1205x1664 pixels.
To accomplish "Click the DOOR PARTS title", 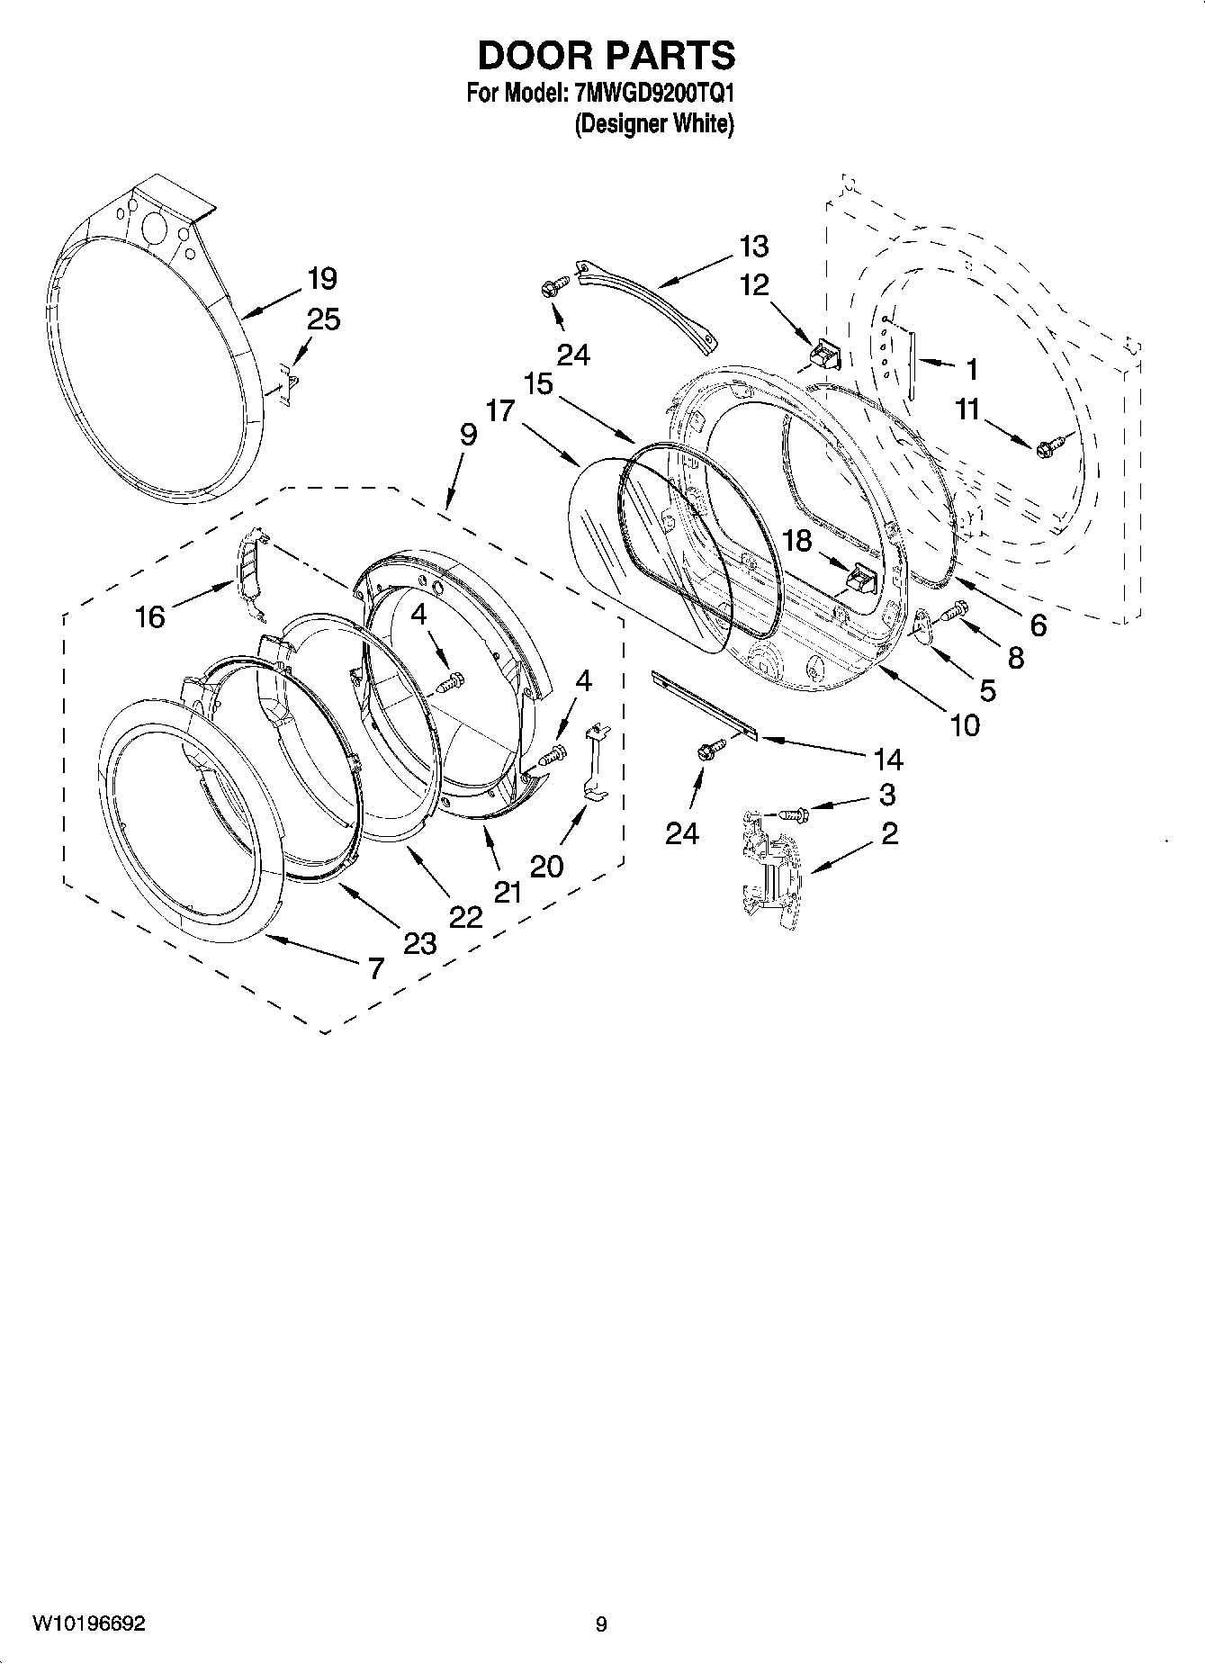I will pyautogui.click(x=606, y=56).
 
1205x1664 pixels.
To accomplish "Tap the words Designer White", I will pyautogui.click(x=654, y=123).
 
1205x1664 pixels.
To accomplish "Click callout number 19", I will pyautogui.click(x=321, y=278).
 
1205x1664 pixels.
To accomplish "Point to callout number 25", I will pyautogui.click(x=324, y=319).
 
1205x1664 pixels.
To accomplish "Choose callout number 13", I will pyautogui.click(x=754, y=246).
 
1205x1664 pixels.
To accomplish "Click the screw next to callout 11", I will pyautogui.click(x=1050, y=445).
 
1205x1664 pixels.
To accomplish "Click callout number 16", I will pyautogui.click(x=150, y=616).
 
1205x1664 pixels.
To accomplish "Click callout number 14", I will pyautogui.click(x=887, y=760).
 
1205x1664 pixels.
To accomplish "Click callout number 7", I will pyautogui.click(x=375, y=968).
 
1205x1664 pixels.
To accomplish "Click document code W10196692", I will pyautogui.click(x=89, y=1624).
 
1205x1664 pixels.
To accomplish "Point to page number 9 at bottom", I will pyautogui.click(x=601, y=1624).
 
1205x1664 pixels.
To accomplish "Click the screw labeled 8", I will pyautogui.click(x=954, y=612).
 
